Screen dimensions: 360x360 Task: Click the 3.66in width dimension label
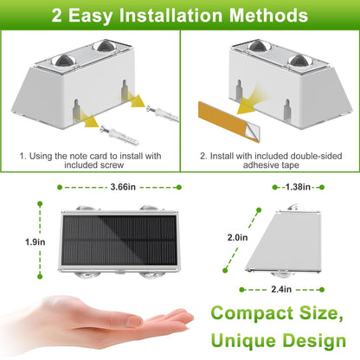tap(123, 187)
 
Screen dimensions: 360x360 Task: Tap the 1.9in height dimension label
tap(35, 241)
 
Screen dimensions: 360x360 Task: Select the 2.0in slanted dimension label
tap(237, 237)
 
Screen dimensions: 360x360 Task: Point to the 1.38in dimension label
tap(298, 187)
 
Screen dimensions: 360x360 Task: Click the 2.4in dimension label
tap(281, 289)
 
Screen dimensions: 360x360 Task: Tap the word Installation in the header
tap(170, 15)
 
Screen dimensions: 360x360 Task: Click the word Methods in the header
tap(269, 15)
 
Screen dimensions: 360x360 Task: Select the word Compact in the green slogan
tap(252, 314)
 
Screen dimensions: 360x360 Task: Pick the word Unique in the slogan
tap(243, 340)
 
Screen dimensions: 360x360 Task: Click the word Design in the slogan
tap(314, 341)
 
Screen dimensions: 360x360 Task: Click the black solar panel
tap(119, 241)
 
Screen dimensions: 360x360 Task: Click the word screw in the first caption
tap(112, 165)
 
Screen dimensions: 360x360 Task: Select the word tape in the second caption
tap(291, 165)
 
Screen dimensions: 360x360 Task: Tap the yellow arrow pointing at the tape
tap(250, 104)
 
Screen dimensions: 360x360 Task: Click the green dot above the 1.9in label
tap(40, 204)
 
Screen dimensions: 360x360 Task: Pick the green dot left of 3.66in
tap(60, 187)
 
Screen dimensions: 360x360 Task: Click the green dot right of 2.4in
tap(322, 289)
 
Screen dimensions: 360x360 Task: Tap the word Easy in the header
tap(90, 16)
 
